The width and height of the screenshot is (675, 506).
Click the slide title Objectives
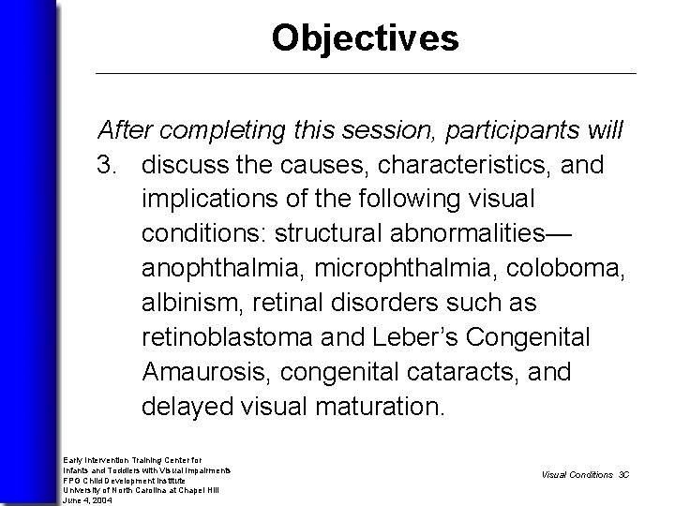(365, 38)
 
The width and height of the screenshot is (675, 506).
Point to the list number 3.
(110, 165)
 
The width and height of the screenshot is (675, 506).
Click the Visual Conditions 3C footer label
(585, 474)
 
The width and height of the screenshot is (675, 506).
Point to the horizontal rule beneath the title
(366, 73)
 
